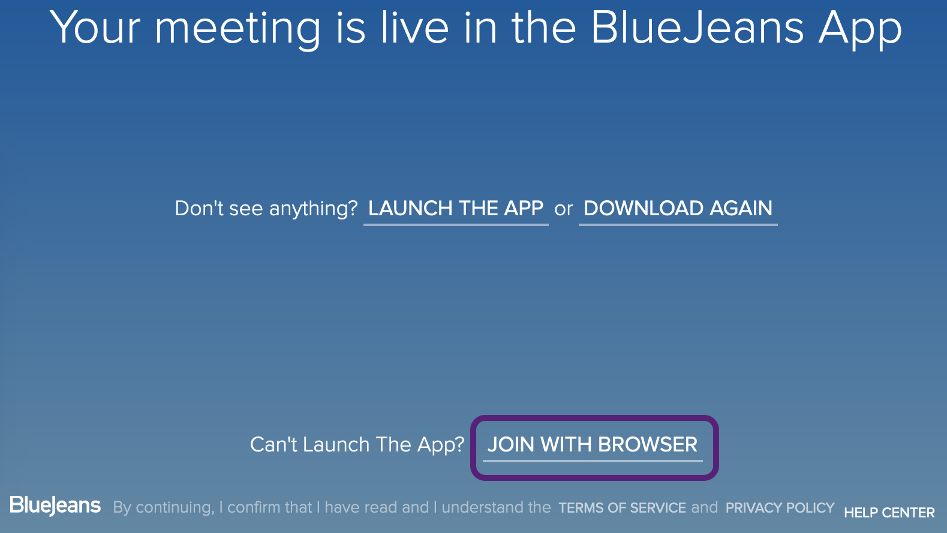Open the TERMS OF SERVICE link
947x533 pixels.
(x=622, y=508)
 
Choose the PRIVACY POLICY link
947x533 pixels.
(x=780, y=508)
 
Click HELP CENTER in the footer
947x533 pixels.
(x=889, y=513)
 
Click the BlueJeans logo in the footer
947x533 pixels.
(x=55, y=505)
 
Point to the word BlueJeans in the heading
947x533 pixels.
(x=697, y=28)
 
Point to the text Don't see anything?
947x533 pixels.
(x=266, y=209)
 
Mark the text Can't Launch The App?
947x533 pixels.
(x=357, y=445)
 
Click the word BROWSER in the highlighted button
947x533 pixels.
(x=648, y=445)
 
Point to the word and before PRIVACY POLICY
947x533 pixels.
(x=704, y=507)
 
